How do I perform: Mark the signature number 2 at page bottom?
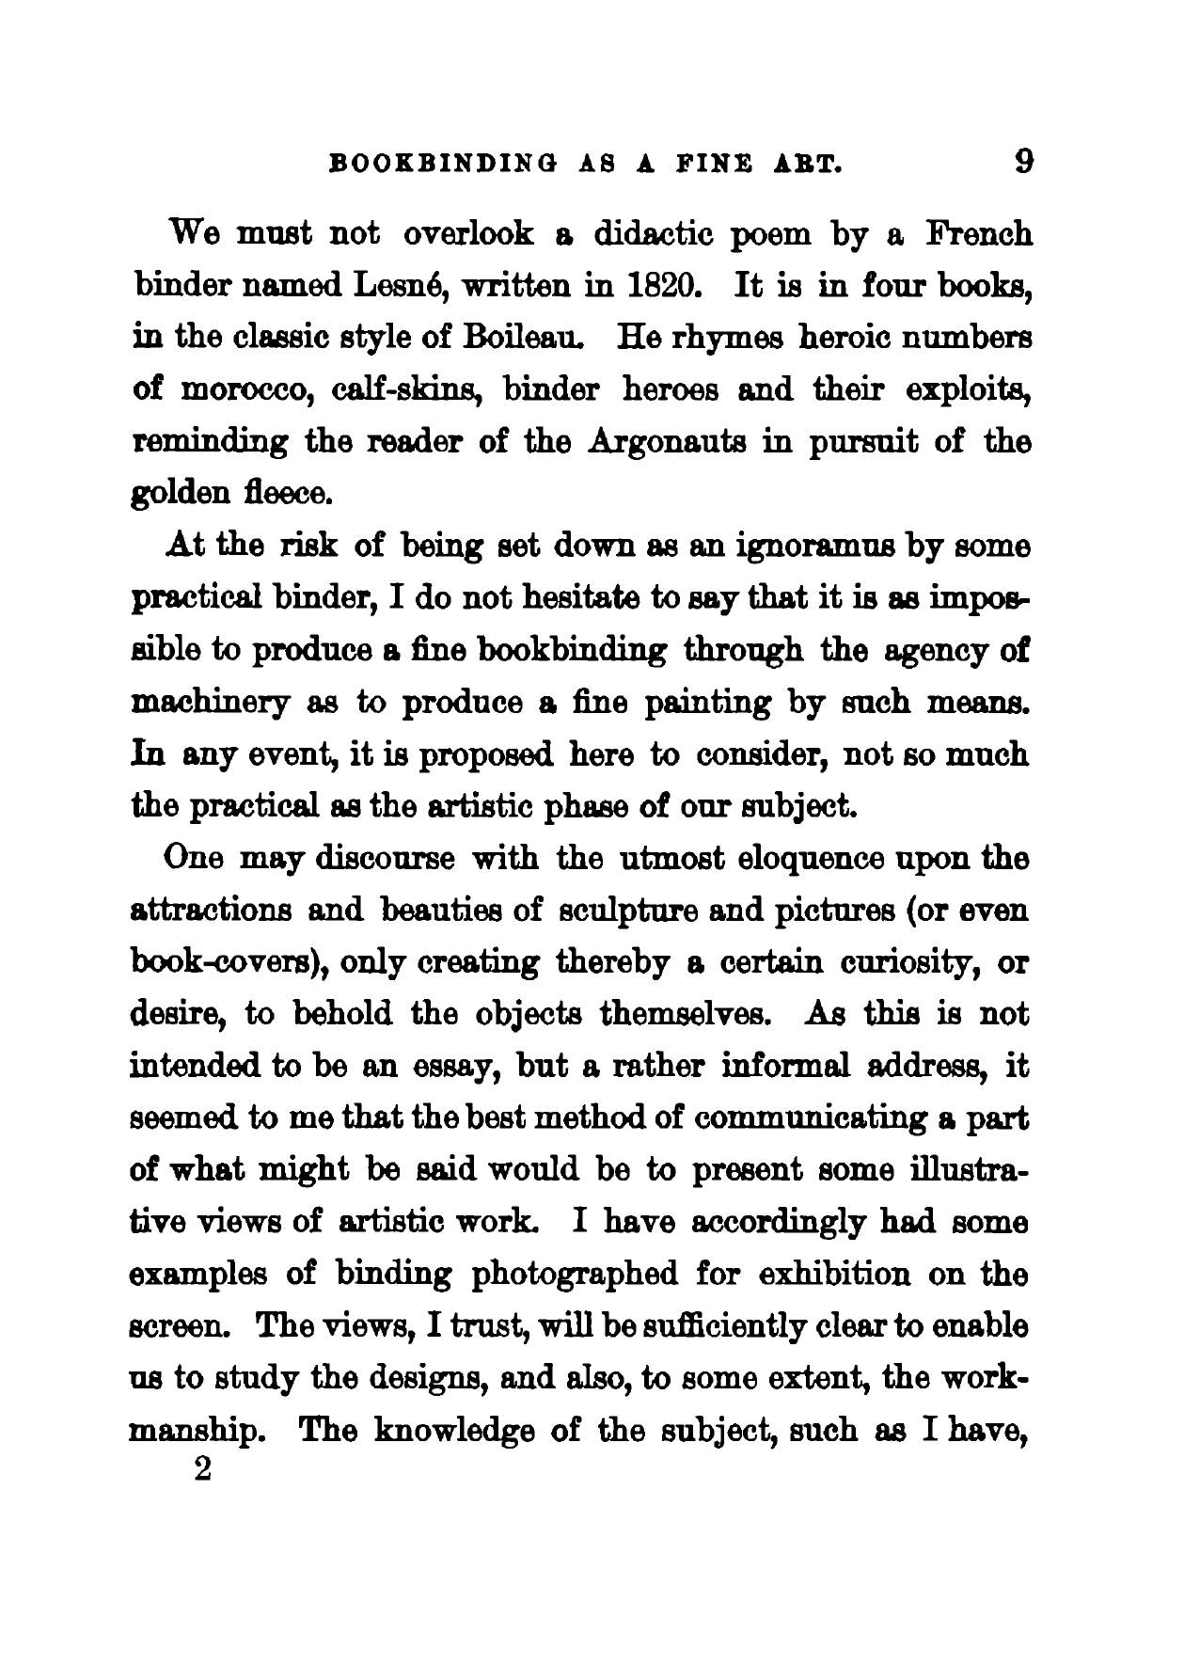tap(199, 1469)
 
